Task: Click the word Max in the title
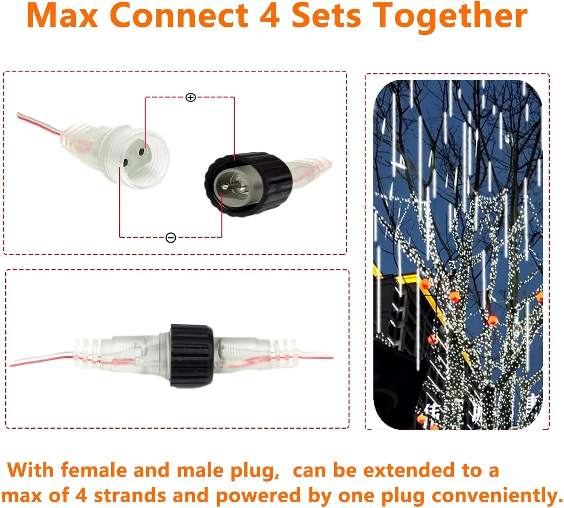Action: (62, 16)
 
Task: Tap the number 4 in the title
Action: (270, 16)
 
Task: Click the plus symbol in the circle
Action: (191, 98)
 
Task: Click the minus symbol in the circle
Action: (171, 238)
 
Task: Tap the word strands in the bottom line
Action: (130, 495)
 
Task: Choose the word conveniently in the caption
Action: (496, 496)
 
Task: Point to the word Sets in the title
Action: (326, 16)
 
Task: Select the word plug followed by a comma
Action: (254, 471)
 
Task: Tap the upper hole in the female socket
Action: (142, 152)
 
